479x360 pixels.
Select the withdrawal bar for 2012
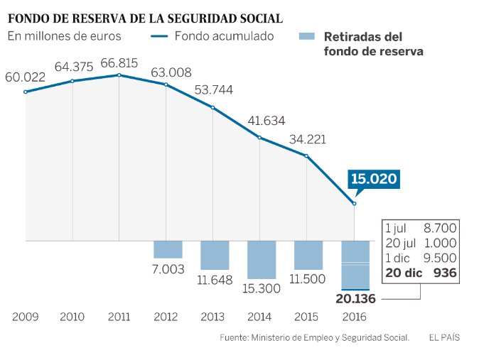pyautogui.click(x=168, y=249)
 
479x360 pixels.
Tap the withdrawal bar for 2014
pyautogui.click(x=261, y=259)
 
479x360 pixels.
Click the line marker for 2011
pyautogui.click(x=119, y=75)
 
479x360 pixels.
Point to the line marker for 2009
pyautogui.click(x=26, y=92)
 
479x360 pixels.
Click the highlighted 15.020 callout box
pyautogui.click(x=372, y=180)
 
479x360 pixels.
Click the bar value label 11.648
pyautogui.click(x=215, y=280)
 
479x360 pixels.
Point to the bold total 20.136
pyautogui.click(x=355, y=299)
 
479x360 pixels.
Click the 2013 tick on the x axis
pyautogui.click(x=214, y=317)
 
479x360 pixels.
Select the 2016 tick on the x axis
pyautogui.click(x=355, y=317)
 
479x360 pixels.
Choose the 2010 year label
pyautogui.click(x=72, y=317)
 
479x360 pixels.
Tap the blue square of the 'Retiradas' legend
pyautogui.click(x=307, y=36)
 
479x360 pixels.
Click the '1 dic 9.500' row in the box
pyautogui.click(x=421, y=258)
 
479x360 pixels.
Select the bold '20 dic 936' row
pyautogui.click(x=421, y=273)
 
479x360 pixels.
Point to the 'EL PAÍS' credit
pyautogui.click(x=443, y=338)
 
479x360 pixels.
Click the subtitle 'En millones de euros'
pyautogui.click(x=65, y=36)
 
